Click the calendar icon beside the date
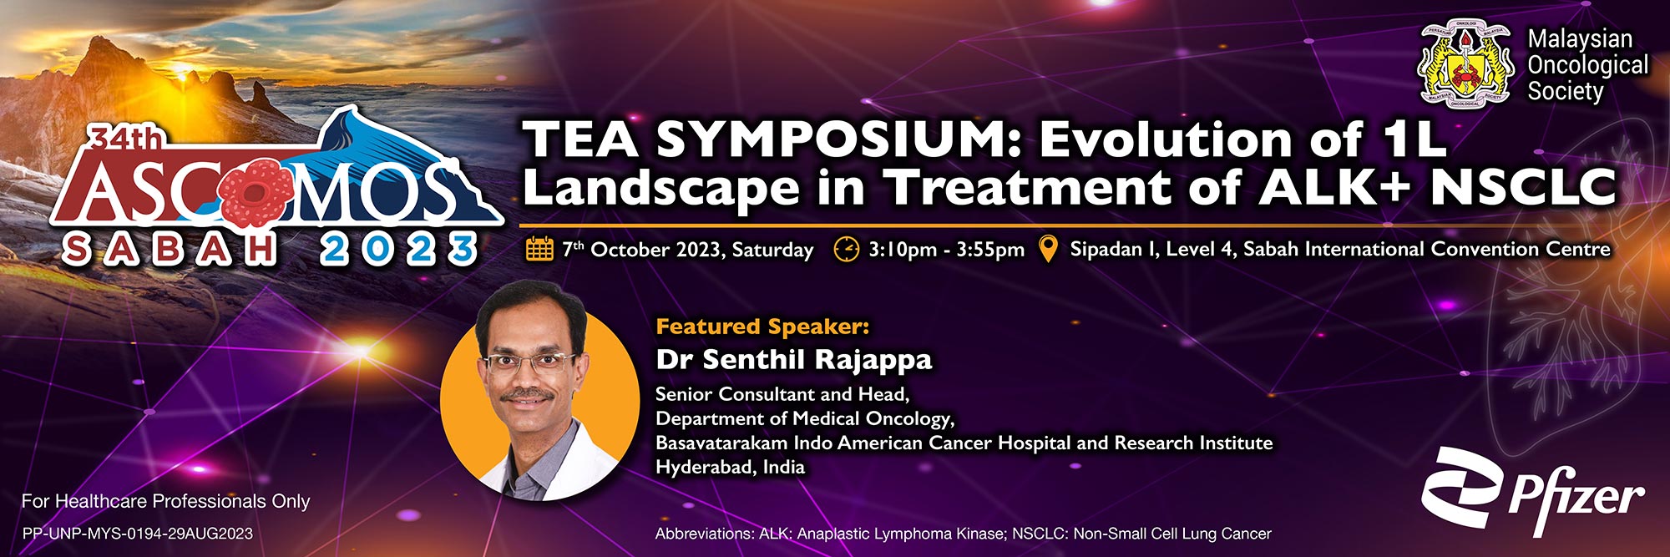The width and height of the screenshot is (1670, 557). pyautogui.click(x=539, y=249)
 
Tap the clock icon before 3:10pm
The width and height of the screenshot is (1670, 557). pyautogui.click(x=846, y=249)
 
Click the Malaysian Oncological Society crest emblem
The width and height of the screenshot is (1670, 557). pyautogui.click(x=1467, y=66)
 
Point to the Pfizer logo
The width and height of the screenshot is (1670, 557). pyautogui.click(x=1533, y=492)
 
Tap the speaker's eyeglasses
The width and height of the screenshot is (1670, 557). pyautogui.click(x=528, y=362)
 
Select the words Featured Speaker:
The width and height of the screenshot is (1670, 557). pyautogui.click(x=762, y=327)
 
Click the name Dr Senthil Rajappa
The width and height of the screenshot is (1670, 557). pyautogui.click(x=793, y=359)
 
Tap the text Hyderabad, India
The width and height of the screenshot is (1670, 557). pyautogui.click(x=730, y=467)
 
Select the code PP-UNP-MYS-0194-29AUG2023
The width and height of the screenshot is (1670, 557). pyautogui.click(x=137, y=534)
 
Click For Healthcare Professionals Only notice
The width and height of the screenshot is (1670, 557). pyautogui.click(x=165, y=501)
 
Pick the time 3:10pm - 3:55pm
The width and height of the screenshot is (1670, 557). pyautogui.click(x=946, y=249)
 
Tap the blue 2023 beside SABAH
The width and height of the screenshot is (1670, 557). pyautogui.click(x=398, y=250)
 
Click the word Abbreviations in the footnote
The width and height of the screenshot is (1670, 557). pyautogui.click(x=702, y=534)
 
